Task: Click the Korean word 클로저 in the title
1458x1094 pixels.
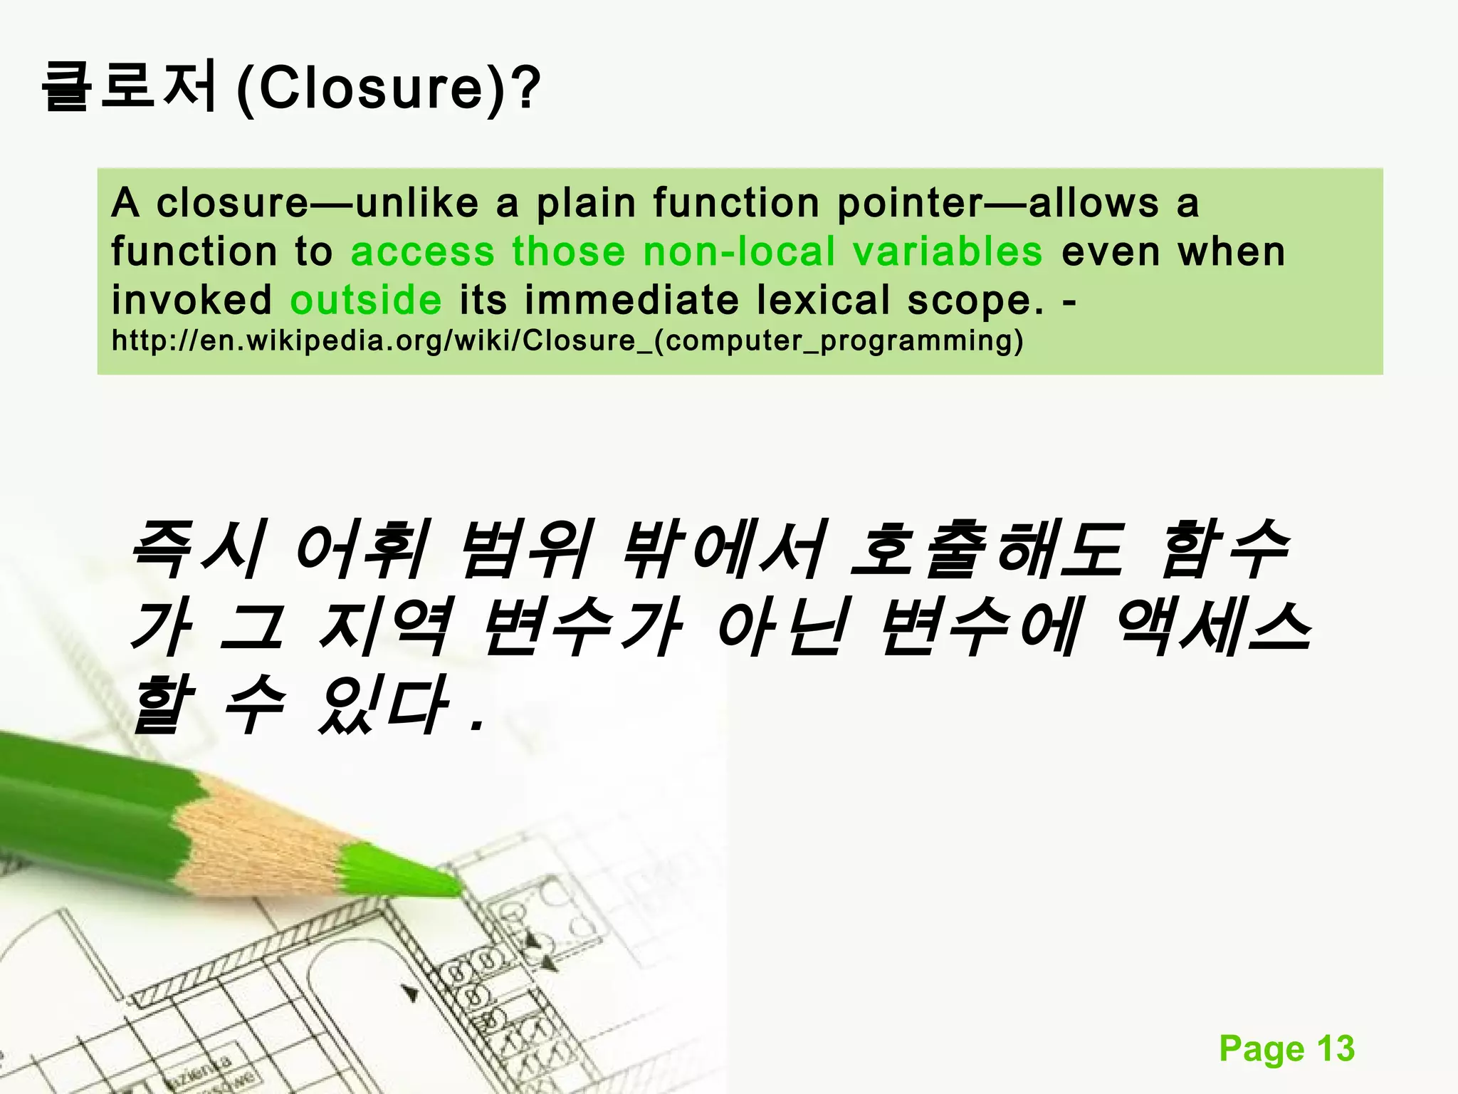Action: tap(128, 87)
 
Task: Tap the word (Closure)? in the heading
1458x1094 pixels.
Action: tap(389, 88)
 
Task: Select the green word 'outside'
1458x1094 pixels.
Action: tap(366, 300)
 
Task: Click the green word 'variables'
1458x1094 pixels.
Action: tap(947, 251)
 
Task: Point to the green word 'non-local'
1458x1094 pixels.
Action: tap(739, 251)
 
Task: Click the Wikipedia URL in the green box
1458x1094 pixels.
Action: tap(567, 341)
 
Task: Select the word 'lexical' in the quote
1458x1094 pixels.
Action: tap(822, 300)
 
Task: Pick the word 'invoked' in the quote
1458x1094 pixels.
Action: tap(192, 300)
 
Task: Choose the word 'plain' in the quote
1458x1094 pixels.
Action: tap(585, 204)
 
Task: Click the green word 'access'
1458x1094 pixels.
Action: tap(422, 251)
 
